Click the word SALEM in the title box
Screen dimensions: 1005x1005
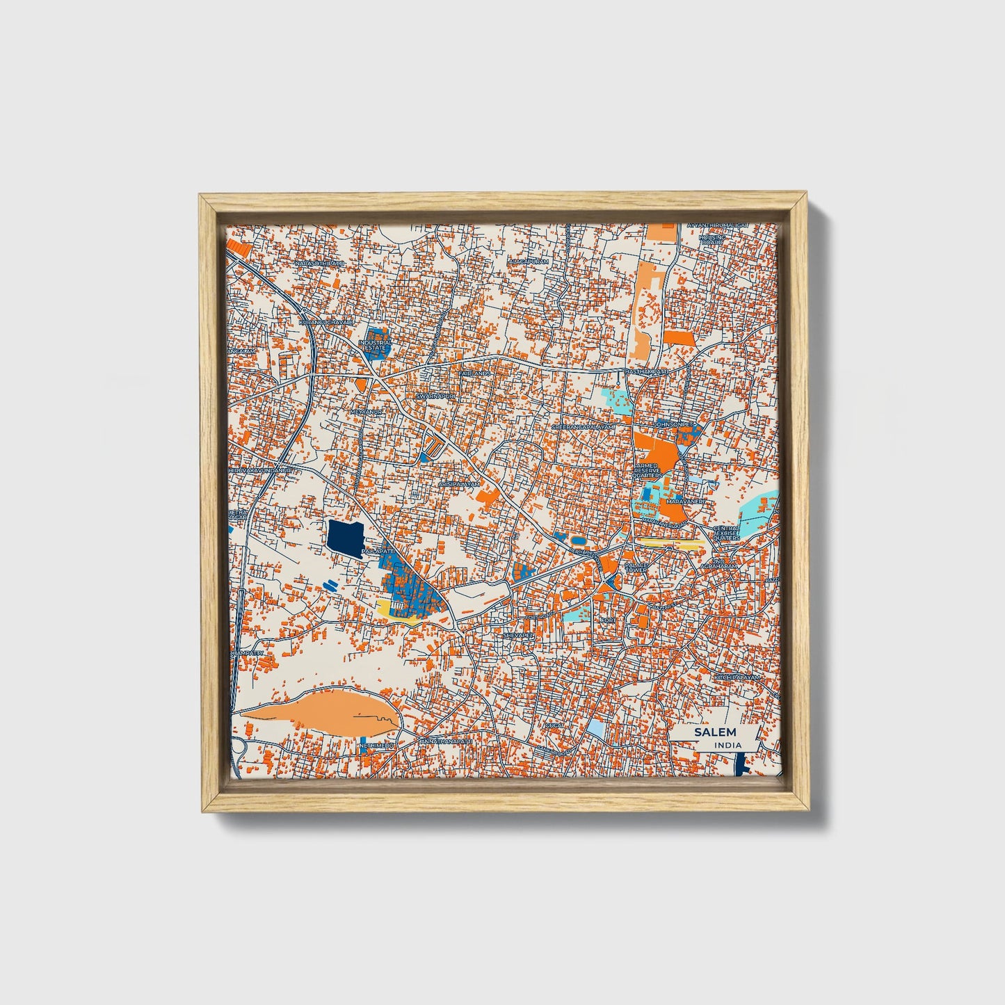point(714,732)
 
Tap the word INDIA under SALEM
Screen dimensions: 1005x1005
point(727,745)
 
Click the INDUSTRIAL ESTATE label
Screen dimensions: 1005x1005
point(376,345)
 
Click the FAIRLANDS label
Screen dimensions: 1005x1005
point(474,373)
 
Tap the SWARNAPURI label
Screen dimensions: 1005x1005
point(435,395)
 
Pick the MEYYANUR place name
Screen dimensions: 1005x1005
point(367,412)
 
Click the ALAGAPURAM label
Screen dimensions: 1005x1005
point(529,262)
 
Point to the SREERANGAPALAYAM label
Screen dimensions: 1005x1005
point(584,426)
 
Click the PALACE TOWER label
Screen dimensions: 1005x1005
point(636,568)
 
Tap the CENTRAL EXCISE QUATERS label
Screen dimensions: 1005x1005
point(726,533)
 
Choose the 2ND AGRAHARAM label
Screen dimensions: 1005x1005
point(727,563)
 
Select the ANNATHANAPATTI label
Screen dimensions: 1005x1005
point(446,742)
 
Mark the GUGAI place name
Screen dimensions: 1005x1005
point(554,725)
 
